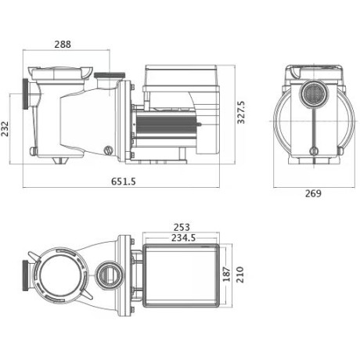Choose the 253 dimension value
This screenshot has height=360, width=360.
(x=179, y=229)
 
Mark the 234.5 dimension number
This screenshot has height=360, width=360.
(x=179, y=239)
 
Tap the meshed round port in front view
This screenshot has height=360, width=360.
(x=311, y=97)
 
